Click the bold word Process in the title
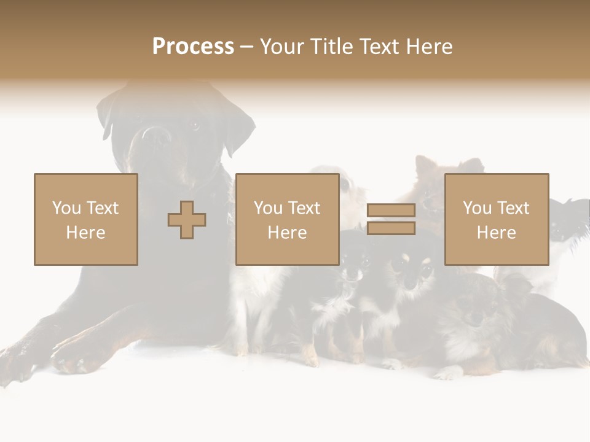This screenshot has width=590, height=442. click(193, 46)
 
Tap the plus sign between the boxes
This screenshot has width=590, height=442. click(187, 220)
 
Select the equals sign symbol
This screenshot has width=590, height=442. click(391, 219)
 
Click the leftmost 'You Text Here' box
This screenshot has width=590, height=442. click(86, 219)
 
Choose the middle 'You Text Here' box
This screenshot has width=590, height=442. click(287, 219)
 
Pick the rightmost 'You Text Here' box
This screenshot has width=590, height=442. click(496, 219)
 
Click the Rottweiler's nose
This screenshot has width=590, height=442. click(154, 136)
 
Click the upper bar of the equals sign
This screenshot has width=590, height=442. click(391, 211)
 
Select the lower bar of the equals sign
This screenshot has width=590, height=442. click(391, 228)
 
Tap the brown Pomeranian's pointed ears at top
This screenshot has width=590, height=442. click(449, 165)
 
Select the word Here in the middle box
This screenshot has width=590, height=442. click(287, 233)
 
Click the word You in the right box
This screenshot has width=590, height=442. click(477, 208)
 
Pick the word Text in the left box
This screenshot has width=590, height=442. click(101, 208)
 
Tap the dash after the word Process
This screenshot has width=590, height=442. click(246, 47)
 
